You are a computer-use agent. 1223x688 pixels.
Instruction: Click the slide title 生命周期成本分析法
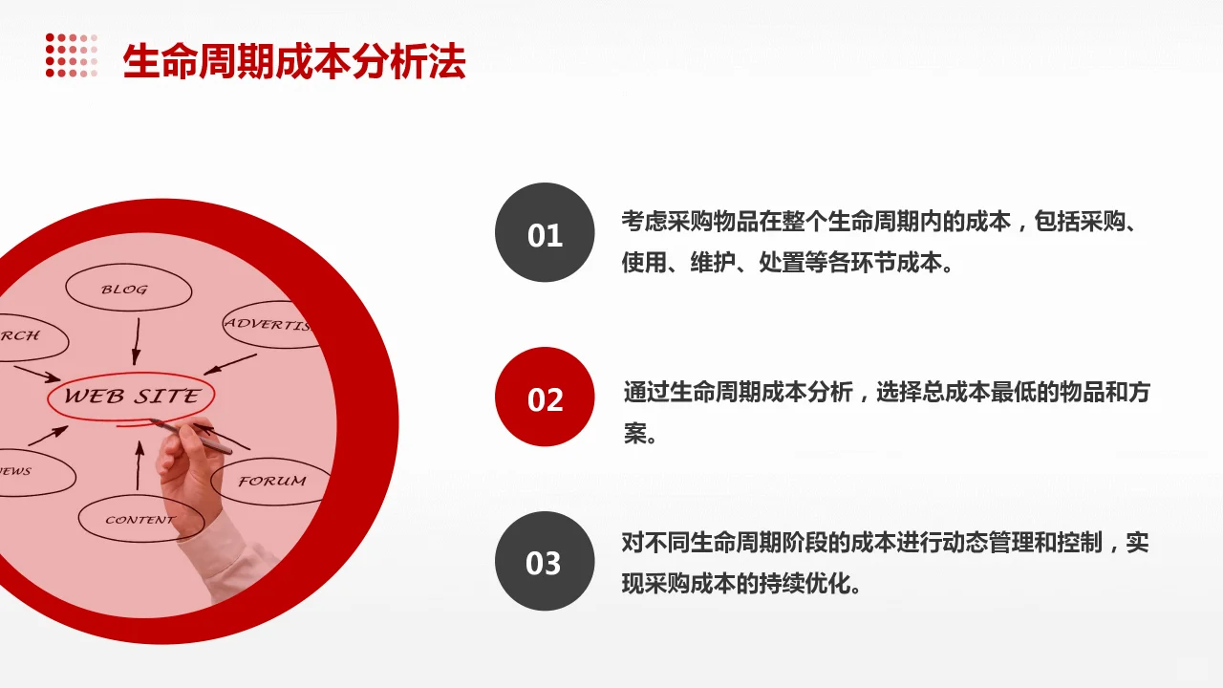click(x=294, y=62)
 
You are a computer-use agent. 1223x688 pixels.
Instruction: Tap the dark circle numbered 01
click(x=545, y=233)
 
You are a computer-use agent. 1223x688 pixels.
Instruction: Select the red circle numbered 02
click(x=545, y=398)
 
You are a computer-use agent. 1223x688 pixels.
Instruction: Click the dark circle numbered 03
click(x=545, y=562)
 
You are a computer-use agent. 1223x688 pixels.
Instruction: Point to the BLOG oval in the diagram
click(x=127, y=289)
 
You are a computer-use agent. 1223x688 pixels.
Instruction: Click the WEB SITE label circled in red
click(x=132, y=396)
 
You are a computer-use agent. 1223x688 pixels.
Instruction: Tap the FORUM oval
click(x=271, y=481)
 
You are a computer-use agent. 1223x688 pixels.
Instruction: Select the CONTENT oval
click(x=140, y=520)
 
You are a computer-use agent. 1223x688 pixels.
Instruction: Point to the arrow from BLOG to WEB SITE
click(x=137, y=341)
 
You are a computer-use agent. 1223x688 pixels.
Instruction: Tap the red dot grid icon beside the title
click(x=72, y=55)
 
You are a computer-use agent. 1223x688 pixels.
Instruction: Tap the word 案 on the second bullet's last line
click(x=635, y=435)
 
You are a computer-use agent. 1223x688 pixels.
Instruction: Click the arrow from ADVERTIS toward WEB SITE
click(x=230, y=363)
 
